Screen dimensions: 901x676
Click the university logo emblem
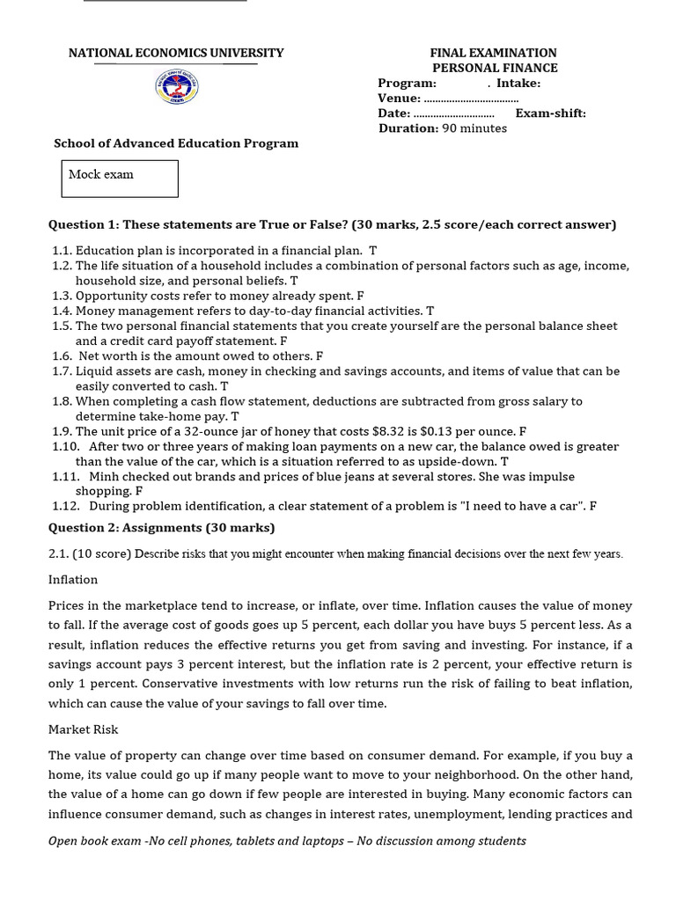[x=177, y=88]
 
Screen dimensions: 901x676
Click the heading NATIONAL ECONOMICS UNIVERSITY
[x=176, y=53]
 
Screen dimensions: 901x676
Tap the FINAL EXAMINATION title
[x=493, y=53]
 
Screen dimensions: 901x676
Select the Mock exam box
[x=120, y=179]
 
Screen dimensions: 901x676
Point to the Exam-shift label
[x=550, y=114]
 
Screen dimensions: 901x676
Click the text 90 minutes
[x=474, y=128]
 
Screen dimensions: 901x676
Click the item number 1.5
[x=61, y=326]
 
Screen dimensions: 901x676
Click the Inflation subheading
[x=73, y=580]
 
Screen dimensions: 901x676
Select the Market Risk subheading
[x=83, y=729]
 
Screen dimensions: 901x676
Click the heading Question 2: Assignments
[x=161, y=528]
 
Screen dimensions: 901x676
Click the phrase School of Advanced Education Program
[x=176, y=143]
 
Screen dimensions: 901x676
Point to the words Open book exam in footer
[x=94, y=841]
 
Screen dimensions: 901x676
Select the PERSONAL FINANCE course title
[x=495, y=68]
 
